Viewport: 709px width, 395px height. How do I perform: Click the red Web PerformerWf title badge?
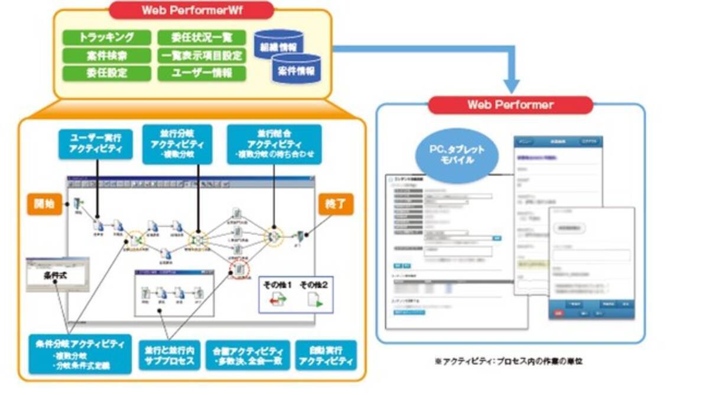192,10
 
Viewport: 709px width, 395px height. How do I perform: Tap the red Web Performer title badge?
510,105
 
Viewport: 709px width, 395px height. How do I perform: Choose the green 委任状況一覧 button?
201,37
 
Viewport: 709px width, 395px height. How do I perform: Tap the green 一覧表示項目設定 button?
201,56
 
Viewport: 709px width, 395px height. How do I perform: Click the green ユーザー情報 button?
201,74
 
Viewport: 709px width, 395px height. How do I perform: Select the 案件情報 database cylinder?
297,69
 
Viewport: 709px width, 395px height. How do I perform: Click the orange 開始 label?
43,204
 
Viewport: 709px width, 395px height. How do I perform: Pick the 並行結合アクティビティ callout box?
274,144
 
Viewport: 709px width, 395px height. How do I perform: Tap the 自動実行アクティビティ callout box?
326,355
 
